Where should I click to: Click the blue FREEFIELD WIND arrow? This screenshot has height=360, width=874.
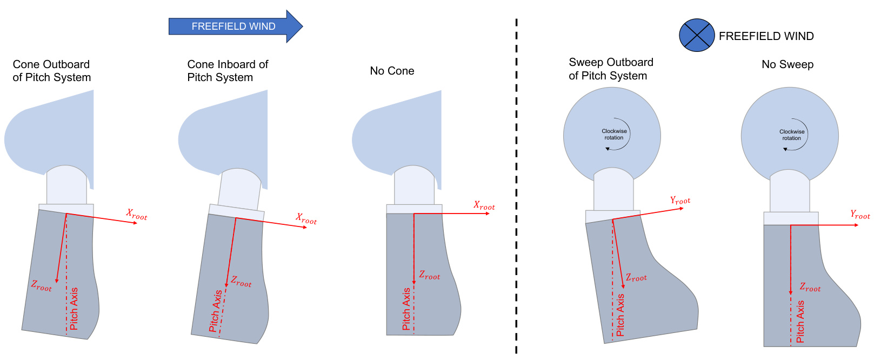coord(234,26)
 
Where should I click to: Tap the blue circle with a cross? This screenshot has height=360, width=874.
coord(697,36)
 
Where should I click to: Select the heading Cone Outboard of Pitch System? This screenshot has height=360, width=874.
coord(51,71)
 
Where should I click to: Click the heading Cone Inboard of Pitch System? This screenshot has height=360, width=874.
coord(227,71)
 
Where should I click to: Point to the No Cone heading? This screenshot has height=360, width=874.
coord(392,71)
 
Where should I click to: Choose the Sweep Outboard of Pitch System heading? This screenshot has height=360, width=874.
coord(610,69)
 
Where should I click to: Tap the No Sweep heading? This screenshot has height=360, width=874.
coord(787,64)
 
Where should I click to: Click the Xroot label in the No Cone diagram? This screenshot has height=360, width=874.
coord(484,205)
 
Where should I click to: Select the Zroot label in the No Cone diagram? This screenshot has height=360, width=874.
coord(429,275)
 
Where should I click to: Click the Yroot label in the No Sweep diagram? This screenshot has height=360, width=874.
coord(859,215)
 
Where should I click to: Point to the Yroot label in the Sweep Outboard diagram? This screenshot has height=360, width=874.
coord(680,201)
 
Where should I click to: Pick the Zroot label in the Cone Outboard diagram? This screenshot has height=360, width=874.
coord(41,286)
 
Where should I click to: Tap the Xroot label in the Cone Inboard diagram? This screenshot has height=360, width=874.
coord(306,219)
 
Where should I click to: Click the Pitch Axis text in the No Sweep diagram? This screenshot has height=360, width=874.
coord(800,322)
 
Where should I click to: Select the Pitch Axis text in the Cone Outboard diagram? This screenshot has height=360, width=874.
coord(74,308)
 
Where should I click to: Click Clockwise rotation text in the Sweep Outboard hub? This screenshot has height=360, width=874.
coord(614,134)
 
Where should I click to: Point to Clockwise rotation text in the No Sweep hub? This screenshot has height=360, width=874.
coord(791,135)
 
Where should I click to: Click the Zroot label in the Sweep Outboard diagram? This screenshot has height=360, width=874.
coord(636,277)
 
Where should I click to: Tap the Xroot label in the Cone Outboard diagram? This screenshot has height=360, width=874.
coord(136,215)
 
